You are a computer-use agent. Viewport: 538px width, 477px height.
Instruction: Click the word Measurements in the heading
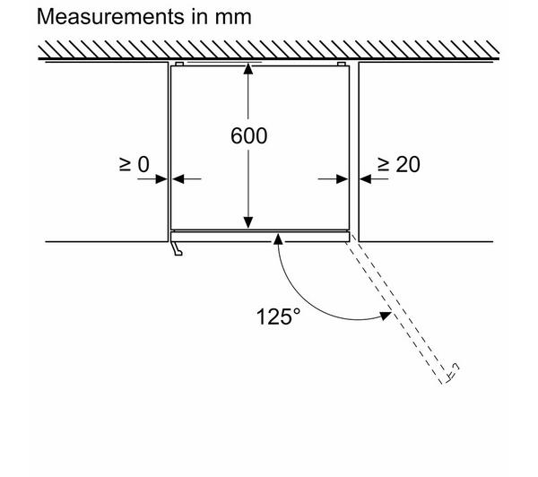(110, 16)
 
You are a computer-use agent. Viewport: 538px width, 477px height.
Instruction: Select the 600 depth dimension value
(248, 136)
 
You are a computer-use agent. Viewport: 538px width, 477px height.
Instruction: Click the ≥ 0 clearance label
(134, 164)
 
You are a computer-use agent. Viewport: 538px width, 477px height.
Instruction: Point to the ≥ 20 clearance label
(399, 164)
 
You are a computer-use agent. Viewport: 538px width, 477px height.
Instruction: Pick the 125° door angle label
(278, 317)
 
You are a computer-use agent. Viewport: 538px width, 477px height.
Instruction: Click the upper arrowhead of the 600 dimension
(248, 69)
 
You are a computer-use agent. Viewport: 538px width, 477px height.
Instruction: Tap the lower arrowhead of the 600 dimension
(248, 222)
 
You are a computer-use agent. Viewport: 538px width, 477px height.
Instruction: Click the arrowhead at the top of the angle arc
(278, 238)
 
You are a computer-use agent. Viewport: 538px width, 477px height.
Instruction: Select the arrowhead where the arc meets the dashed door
(386, 316)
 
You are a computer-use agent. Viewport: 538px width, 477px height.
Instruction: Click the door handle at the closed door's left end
(178, 248)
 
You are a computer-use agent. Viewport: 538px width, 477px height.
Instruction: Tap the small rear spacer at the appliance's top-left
(179, 65)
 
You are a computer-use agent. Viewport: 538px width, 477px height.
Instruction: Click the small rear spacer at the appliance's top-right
(342, 65)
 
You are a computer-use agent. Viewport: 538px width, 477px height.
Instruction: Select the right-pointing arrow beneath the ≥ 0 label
(152, 178)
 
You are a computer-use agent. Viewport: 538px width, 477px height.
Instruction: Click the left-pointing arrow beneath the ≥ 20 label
(374, 178)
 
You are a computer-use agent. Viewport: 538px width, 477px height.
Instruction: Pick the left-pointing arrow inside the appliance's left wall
(187, 178)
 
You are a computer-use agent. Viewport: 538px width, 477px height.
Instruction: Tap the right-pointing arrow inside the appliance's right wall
(333, 178)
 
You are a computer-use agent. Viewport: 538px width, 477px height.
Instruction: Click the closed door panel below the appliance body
(260, 237)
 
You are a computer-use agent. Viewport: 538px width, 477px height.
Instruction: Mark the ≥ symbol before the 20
(384, 164)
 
